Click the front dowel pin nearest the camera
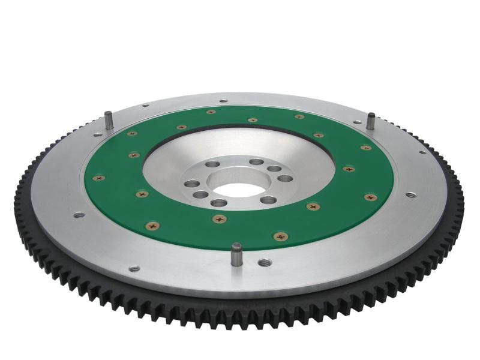[x=236, y=254]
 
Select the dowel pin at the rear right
[x=371, y=120]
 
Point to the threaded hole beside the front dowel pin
[x=264, y=262]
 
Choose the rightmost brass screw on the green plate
[x=370, y=197]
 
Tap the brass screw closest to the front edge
[x=279, y=236]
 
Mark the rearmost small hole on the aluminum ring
[x=223, y=101]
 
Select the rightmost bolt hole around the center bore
[x=286, y=178]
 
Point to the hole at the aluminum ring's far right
[x=410, y=194]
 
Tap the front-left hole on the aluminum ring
[x=134, y=268]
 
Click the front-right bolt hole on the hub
[x=268, y=200]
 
